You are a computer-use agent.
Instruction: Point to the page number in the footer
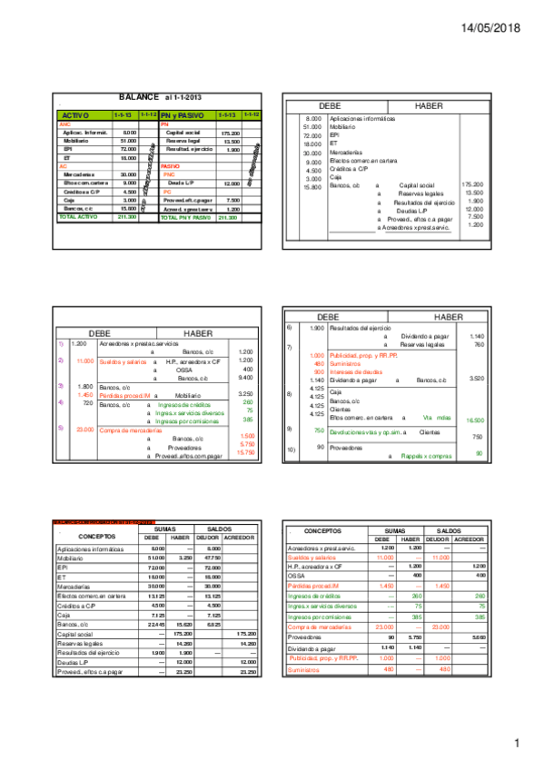coord(516,745)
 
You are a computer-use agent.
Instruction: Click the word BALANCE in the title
coord(139,96)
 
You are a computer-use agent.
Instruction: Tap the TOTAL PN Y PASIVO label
coord(186,218)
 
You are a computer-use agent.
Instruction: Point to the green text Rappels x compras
coord(420,455)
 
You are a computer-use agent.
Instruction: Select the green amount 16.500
coord(474,420)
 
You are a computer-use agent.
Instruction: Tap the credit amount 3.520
coord(474,378)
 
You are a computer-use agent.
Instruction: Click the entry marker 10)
coord(291,447)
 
